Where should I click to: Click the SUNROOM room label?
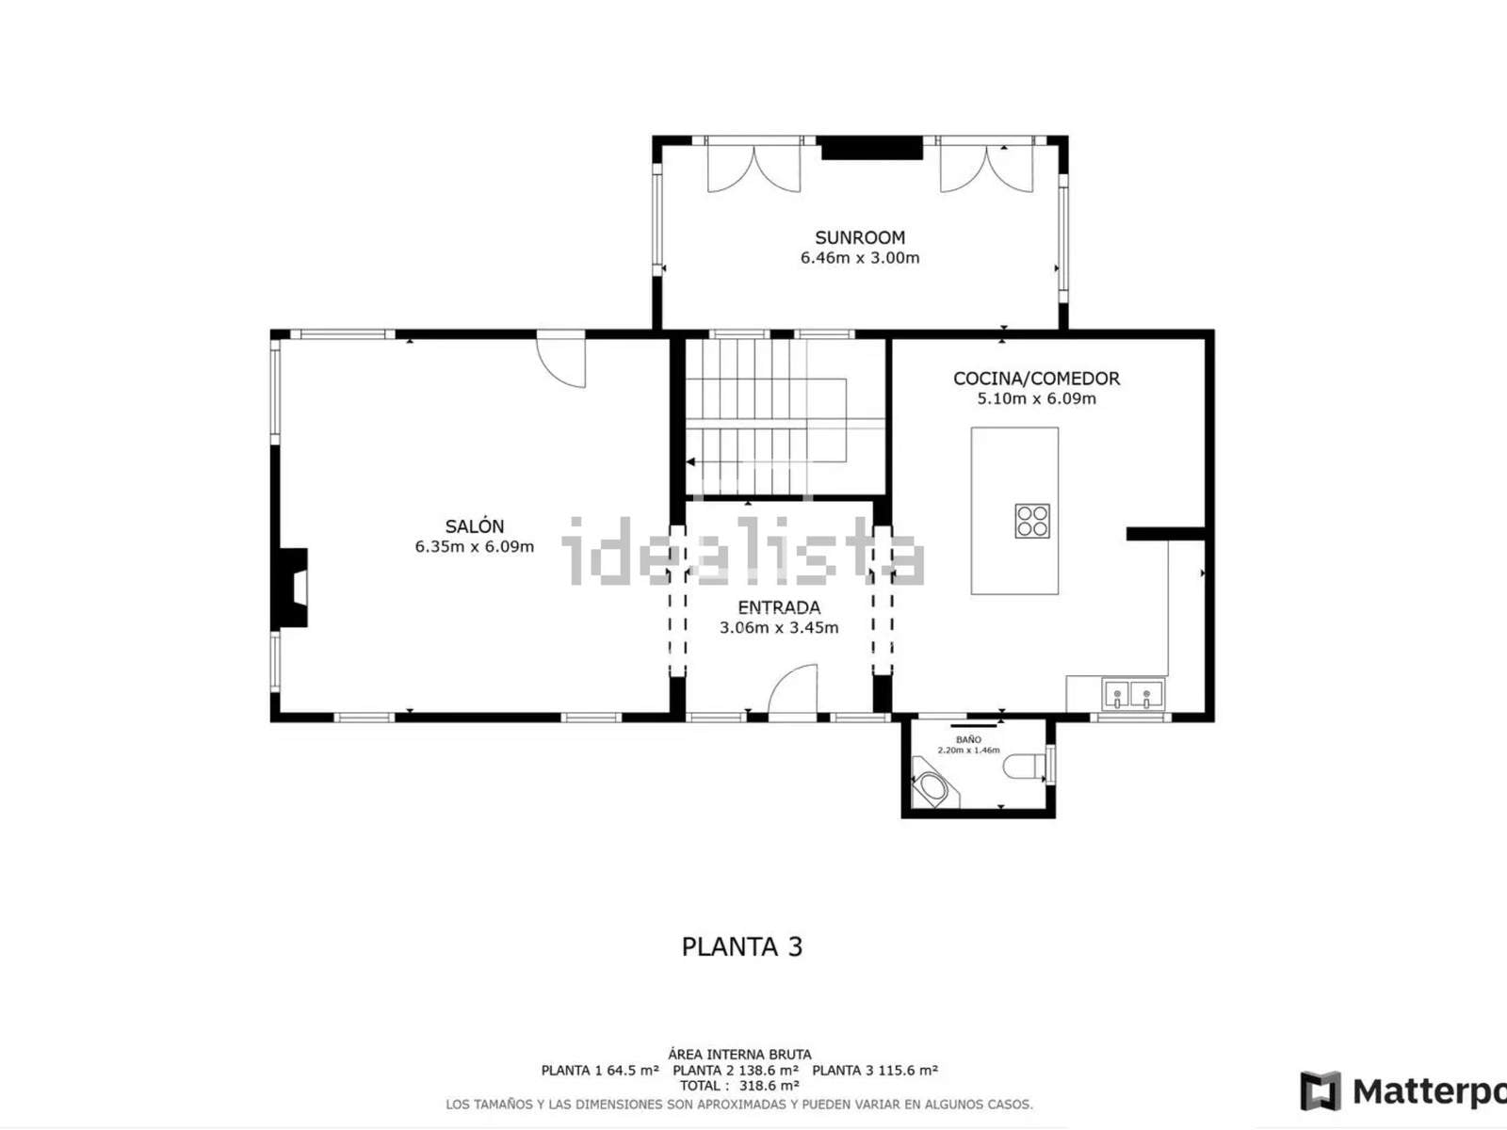coord(860,237)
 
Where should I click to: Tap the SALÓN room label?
coord(475,526)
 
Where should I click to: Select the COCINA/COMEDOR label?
coord(1036,378)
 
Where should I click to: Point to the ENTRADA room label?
coord(779,607)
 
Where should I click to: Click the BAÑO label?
coord(968,739)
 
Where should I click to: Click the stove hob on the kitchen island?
coord(1032,521)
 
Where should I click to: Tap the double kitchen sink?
coord(1133,694)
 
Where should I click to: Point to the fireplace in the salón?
coord(291,588)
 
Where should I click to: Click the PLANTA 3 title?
coord(741,946)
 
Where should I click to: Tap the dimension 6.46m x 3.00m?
coord(860,258)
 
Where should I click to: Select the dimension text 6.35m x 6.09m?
coord(475,547)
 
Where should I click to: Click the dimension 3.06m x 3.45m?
coord(779,628)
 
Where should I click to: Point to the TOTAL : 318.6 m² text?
coord(739,1086)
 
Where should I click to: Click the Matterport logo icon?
coord(1321,1090)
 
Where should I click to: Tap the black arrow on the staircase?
coord(690,461)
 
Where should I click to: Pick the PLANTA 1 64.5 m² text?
coord(600,1071)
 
